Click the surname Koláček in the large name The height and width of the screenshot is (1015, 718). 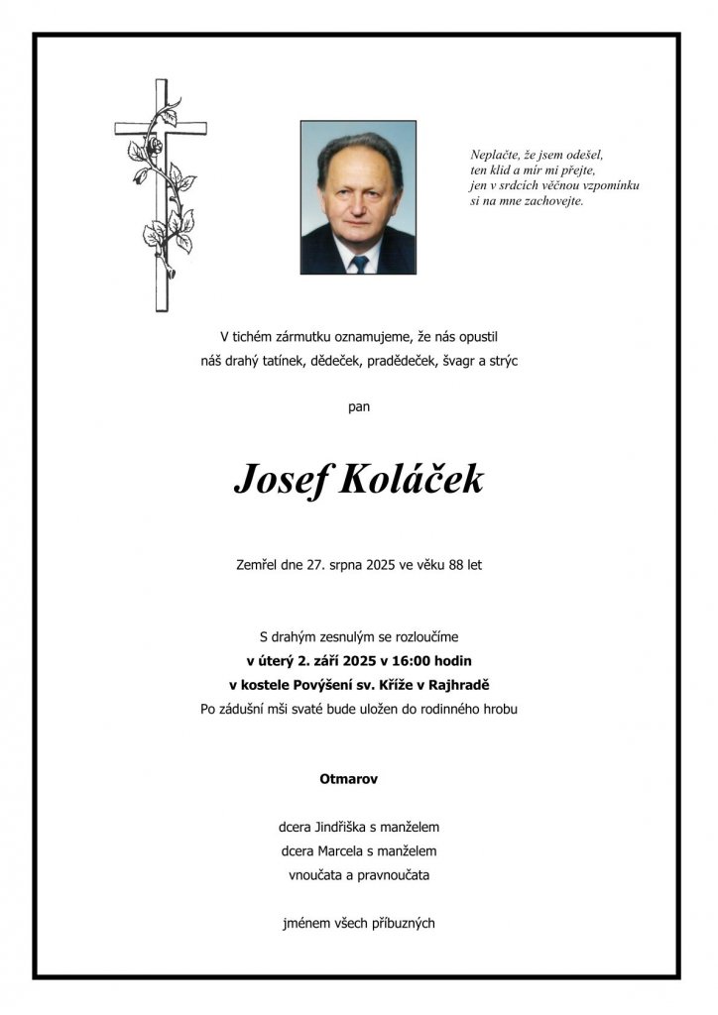pyautogui.click(x=413, y=481)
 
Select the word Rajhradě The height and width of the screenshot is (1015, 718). pyautogui.click(x=461, y=684)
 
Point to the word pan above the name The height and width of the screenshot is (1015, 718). pyautogui.click(x=359, y=405)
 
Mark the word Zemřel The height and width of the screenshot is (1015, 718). pyautogui.click(x=256, y=565)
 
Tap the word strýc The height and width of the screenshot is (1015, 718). pyautogui.click(x=500, y=362)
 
